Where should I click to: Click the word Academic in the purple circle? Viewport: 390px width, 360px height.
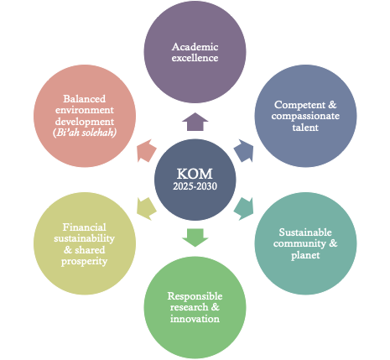click(x=195, y=47)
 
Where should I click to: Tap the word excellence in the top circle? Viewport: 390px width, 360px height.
click(x=195, y=58)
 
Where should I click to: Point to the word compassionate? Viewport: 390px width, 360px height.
click(x=305, y=116)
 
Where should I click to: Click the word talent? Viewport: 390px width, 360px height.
click(x=305, y=128)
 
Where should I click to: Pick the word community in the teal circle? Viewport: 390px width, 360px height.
click(x=299, y=244)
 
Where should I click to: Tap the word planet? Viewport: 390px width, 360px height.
click(x=305, y=255)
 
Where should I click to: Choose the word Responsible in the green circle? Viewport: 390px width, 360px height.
click(x=195, y=296)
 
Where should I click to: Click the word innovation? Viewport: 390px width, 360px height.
click(x=195, y=319)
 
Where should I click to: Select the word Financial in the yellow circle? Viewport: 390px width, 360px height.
click(x=84, y=227)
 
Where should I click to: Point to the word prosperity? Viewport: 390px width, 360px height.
click(x=84, y=262)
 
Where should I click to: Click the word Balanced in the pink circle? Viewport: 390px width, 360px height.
click(x=84, y=99)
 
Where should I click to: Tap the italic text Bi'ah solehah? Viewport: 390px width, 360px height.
click(x=85, y=133)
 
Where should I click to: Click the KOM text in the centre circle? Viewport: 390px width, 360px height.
click(x=195, y=174)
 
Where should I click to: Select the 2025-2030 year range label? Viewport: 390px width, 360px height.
click(x=195, y=186)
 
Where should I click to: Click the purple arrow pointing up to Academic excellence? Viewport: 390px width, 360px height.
click(x=195, y=122)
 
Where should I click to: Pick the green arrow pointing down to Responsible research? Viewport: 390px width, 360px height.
click(x=195, y=237)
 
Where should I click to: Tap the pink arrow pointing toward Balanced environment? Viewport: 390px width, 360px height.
click(x=147, y=151)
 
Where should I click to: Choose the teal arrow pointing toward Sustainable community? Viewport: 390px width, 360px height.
click(x=244, y=209)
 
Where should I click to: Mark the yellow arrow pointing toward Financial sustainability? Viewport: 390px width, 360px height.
click(x=147, y=209)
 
